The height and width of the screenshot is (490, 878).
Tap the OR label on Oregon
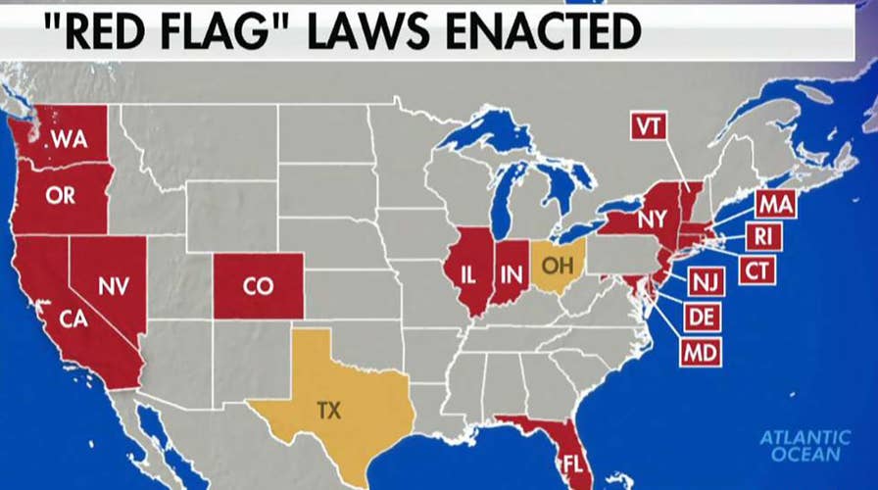60,195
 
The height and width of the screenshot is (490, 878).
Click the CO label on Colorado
258,285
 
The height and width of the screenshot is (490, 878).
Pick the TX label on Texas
329,411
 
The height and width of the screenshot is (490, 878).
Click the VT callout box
646,127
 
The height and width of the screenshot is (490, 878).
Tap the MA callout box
775,205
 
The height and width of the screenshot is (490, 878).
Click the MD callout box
701,350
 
